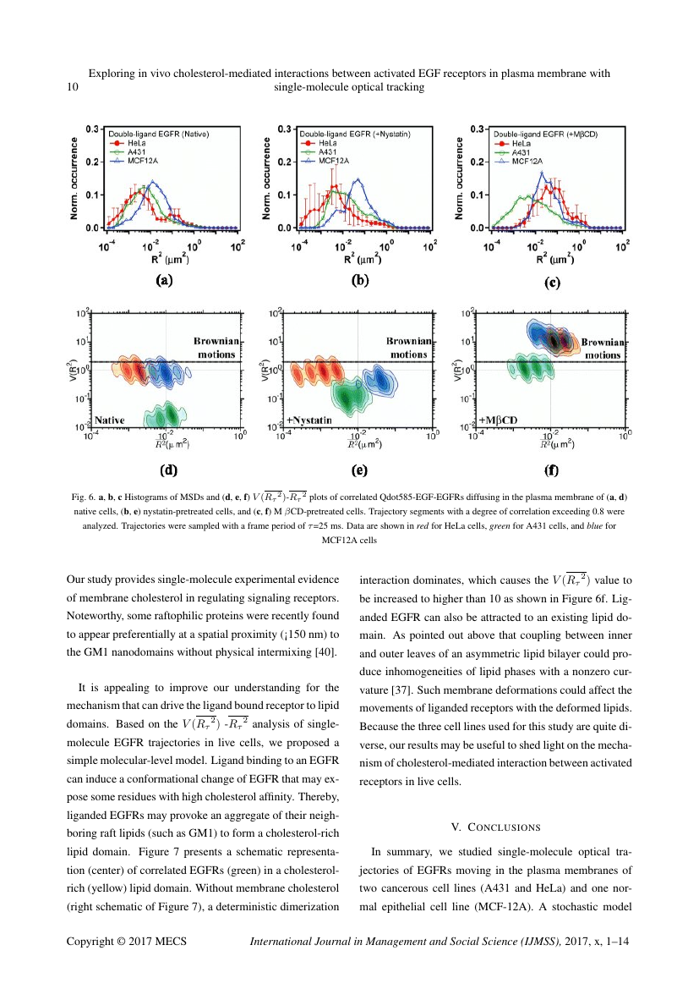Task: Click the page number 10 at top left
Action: coord(72,87)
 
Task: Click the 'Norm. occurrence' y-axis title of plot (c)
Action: coord(461,178)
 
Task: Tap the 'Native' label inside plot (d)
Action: coord(110,420)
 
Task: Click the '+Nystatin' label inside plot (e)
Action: coord(309,420)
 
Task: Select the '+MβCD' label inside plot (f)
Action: coord(497,420)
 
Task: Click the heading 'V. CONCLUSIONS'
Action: coord(495,827)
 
